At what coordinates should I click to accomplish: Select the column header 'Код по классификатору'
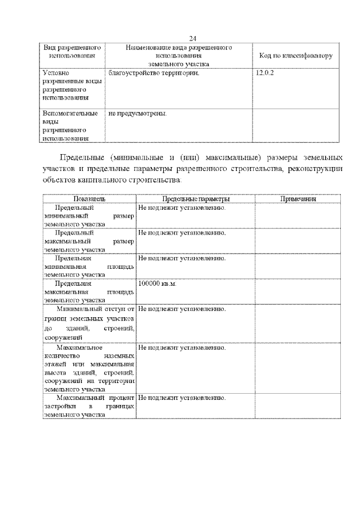pyautogui.click(x=295, y=56)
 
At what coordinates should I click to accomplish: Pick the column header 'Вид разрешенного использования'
pyautogui.click(x=67, y=52)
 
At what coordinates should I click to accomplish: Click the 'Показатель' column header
pyautogui.click(x=89, y=199)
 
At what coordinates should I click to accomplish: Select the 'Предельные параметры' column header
pyautogui.click(x=196, y=199)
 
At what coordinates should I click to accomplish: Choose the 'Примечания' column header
pyautogui.click(x=298, y=199)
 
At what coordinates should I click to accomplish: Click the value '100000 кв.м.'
pyautogui.click(x=157, y=283)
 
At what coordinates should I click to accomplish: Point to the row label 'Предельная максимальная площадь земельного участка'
pyautogui.click(x=89, y=291)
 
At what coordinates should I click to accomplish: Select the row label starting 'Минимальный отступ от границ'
pyautogui.click(x=89, y=323)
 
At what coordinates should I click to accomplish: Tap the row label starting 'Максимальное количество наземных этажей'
pyautogui.click(x=89, y=368)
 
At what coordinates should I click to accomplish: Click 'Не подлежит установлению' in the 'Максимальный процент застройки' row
pyautogui.click(x=182, y=398)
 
